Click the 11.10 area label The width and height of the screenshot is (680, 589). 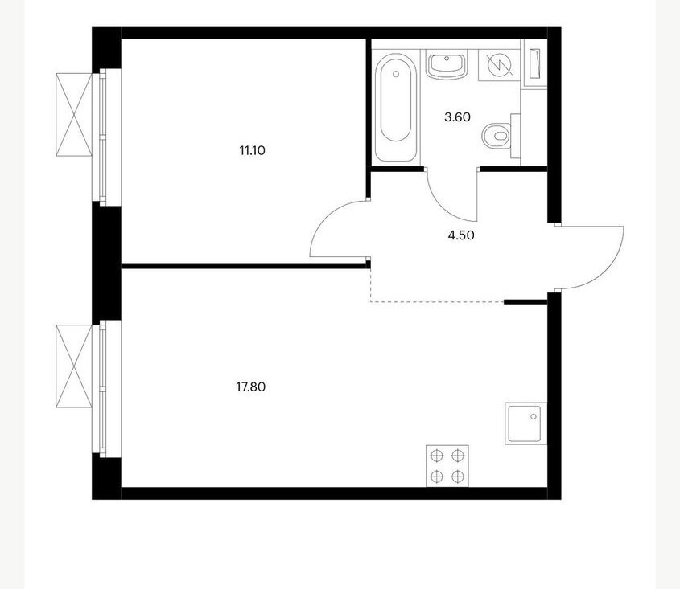[x=252, y=151]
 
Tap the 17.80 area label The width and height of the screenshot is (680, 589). [x=250, y=387]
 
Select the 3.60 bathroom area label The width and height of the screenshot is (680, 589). [x=458, y=117]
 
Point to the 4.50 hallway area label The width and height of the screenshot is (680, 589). [x=461, y=235]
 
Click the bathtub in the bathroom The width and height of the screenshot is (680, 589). [x=395, y=108]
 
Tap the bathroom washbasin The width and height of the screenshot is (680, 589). [x=447, y=64]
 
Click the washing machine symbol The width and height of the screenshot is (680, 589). [x=499, y=65]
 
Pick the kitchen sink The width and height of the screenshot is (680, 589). [x=525, y=423]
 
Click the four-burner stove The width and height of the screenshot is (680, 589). [x=447, y=466]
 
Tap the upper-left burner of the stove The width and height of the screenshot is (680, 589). [x=437, y=456]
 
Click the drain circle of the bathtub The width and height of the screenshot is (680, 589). [x=395, y=74]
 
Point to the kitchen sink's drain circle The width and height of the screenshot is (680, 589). [x=534, y=416]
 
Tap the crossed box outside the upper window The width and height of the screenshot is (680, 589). [x=74, y=115]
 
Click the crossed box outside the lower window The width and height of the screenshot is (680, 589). [x=74, y=366]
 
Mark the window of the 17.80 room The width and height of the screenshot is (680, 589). [x=103, y=388]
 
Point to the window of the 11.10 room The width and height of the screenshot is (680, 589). [x=103, y=137]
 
